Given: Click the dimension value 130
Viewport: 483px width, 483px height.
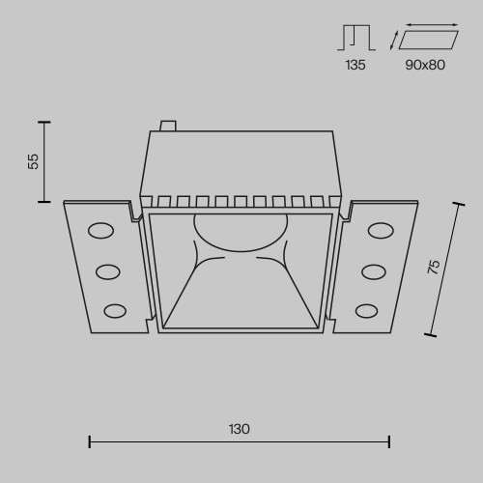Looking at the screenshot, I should (239, 428).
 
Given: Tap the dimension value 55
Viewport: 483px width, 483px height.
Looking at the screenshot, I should (34, 161).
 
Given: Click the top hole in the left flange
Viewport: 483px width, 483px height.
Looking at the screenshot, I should (99, 230).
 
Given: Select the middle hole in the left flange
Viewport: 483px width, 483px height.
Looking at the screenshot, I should (107, 271).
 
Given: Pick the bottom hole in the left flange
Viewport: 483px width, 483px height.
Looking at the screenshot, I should (115, 310).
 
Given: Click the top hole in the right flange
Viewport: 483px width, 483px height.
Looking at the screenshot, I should (380, 230).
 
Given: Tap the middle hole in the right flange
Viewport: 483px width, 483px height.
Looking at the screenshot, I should (373, 271).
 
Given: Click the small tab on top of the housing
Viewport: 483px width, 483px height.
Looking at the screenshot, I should (166, 125).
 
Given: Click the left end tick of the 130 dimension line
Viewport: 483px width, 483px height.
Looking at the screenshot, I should (90, 442).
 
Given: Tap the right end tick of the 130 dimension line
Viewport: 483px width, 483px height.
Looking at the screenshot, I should (388, 442).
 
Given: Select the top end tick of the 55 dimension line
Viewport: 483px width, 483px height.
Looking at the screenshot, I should (43, 122).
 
